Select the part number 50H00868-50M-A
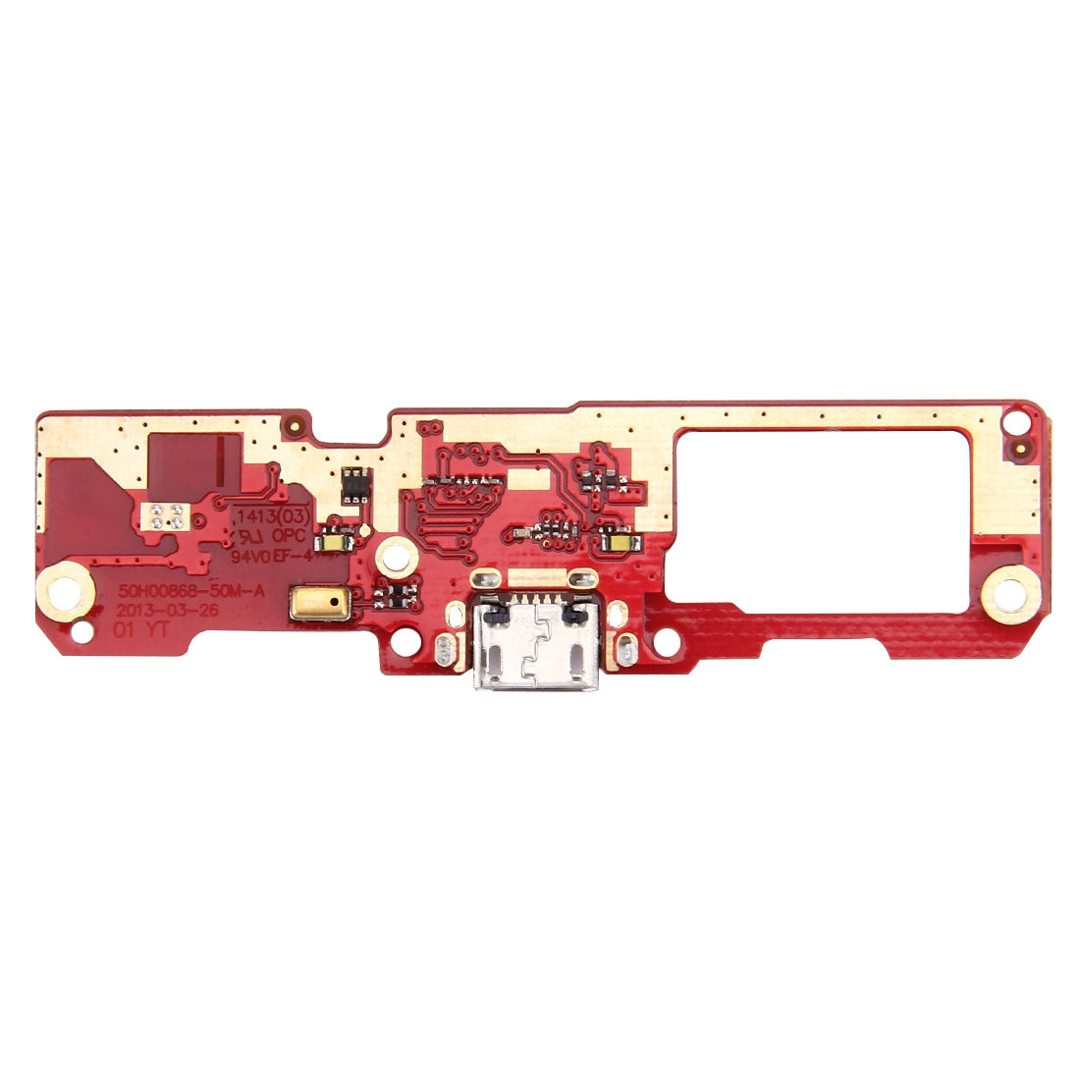point(175,592)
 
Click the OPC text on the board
point(292,536)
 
